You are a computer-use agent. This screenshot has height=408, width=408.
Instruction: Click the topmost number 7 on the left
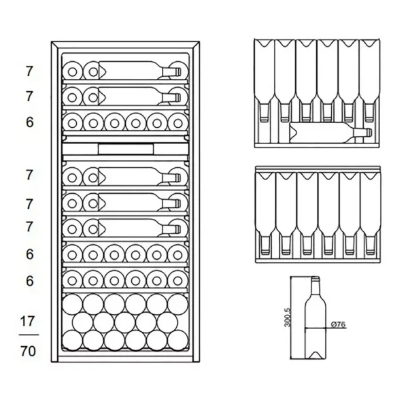click(29, 71)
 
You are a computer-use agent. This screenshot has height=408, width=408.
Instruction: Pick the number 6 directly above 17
click(29, 280)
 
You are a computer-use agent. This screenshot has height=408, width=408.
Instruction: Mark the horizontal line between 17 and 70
click(29, 335)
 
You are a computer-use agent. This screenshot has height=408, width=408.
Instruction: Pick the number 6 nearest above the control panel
click(29, 122)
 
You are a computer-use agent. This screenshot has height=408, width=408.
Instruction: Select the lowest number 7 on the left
click(29, 227)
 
